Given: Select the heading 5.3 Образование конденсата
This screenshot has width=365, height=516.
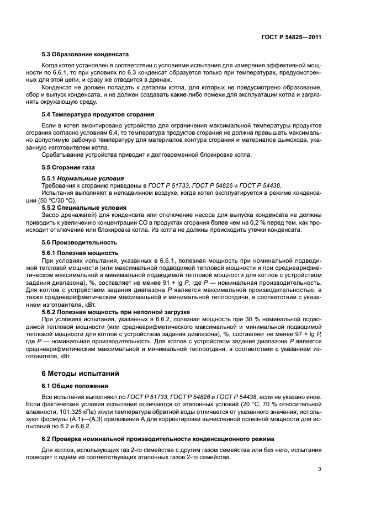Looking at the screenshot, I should [x=85, y=55].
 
